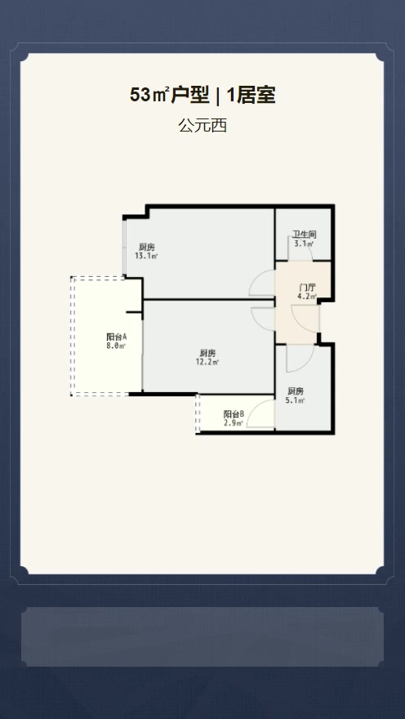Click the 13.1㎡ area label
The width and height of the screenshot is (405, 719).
click(146, 256)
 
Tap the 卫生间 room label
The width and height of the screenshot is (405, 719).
click(305, 234)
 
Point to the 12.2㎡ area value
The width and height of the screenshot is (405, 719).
click(207, 362)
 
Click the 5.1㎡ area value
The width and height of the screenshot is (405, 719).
click(296, 400)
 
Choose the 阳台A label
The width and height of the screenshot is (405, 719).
click(116, 337)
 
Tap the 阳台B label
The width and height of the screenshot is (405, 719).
click(234, 414)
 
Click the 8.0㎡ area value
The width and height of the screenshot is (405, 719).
click(116, 346)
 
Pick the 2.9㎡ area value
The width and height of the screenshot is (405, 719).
click(234, 422)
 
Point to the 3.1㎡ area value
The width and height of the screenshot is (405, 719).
click(305, 243)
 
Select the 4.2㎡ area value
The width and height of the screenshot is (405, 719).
click(307, 297)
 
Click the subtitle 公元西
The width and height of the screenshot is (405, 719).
click(202, 126)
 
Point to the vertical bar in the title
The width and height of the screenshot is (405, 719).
click(218, 96)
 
